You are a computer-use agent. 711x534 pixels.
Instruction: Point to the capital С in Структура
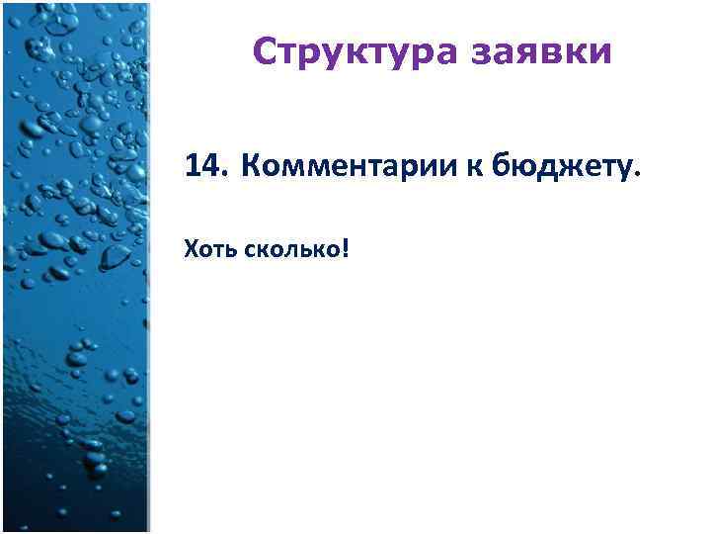[264, 50]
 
